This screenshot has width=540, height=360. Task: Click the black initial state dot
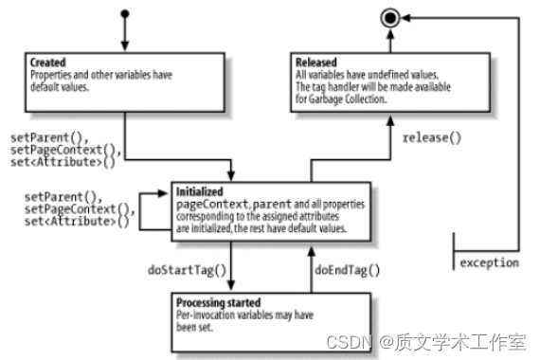point(124,14)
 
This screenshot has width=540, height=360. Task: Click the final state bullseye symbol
point(387,16)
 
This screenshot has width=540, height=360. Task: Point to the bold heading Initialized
point(198,190)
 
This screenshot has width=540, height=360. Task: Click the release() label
point(431,138)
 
